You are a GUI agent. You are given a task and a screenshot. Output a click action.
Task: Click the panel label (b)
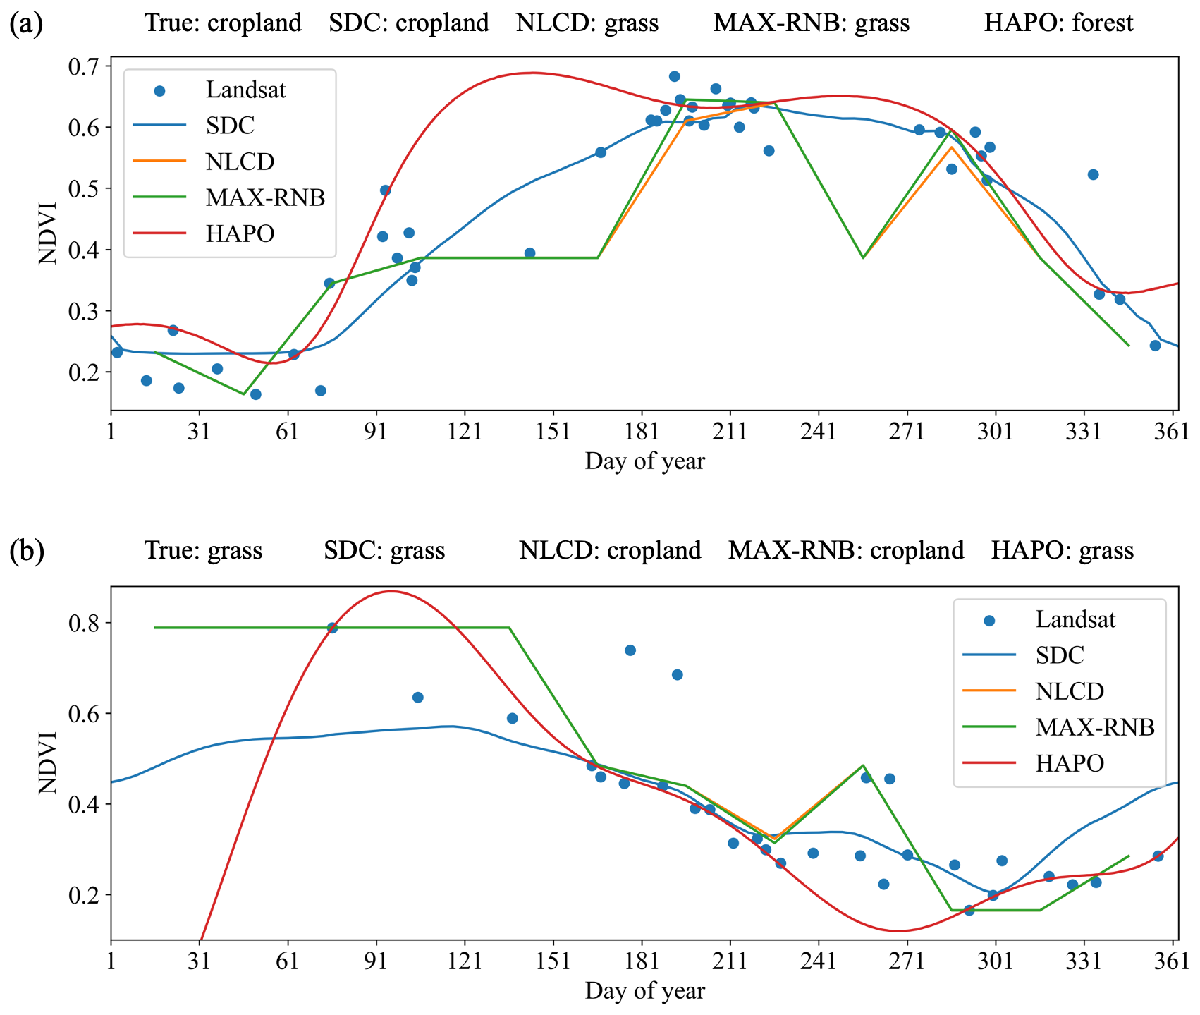27,551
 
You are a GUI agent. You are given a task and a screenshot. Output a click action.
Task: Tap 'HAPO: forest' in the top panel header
1058,23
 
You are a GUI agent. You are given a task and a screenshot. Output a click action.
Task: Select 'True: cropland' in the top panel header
223,23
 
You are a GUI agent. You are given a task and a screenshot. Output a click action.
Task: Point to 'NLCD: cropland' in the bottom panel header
610,550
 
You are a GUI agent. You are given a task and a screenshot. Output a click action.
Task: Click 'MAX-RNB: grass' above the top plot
811,23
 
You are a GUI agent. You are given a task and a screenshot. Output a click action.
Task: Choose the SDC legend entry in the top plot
230,126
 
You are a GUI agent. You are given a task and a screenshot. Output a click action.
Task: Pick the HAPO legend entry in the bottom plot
1069,762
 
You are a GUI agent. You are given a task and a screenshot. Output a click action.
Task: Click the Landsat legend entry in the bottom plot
1075,620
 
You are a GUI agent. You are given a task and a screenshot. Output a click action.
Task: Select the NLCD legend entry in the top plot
240,162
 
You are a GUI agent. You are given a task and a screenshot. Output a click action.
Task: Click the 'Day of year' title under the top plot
644,462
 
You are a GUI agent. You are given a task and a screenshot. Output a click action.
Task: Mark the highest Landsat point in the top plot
674,76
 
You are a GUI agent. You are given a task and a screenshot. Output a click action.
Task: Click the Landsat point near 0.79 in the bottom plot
332,628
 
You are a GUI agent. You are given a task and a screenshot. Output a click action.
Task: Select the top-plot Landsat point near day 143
529,253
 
